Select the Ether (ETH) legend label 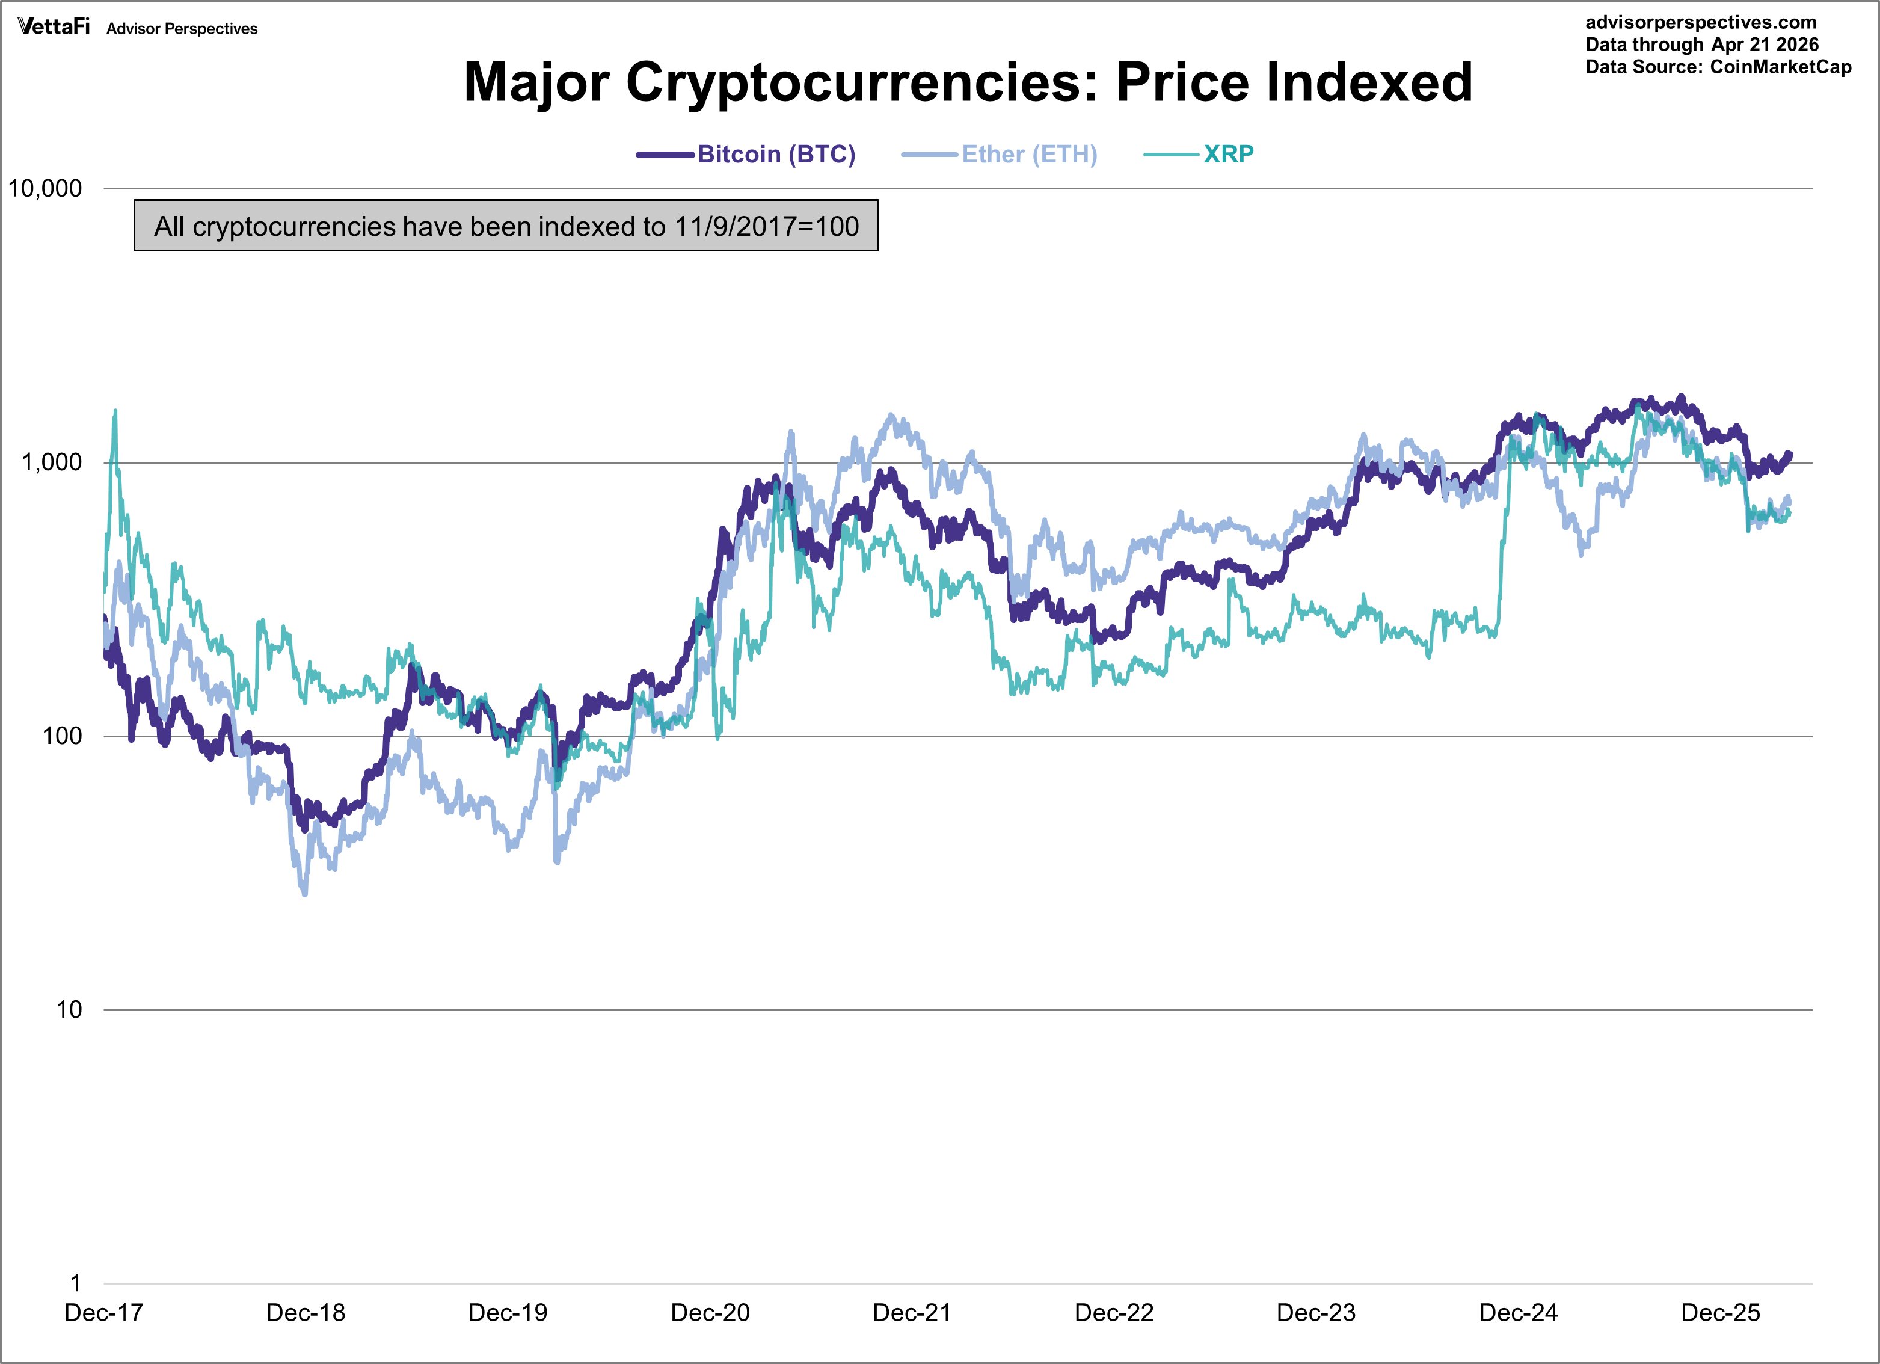(x=1028, y=154)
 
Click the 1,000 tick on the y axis (x=51, y=462)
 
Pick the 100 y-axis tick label (x=62, y=736)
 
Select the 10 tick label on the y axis (x=69, y=1010)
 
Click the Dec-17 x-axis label (x=103, y=1313)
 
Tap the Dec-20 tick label (x=710, y=1313)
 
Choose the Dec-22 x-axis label (x=1114, y=1313)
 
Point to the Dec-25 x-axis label (x=1720, y=1313)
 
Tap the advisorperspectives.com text (x=1700, y=22)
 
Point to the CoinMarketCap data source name (x=1781, y=67)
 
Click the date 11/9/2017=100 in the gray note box (x=766, y=226)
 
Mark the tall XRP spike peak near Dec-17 (x=115, y=410)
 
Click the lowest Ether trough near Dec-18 (x=305, y=894)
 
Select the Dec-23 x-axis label (x=1316, y=1313)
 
